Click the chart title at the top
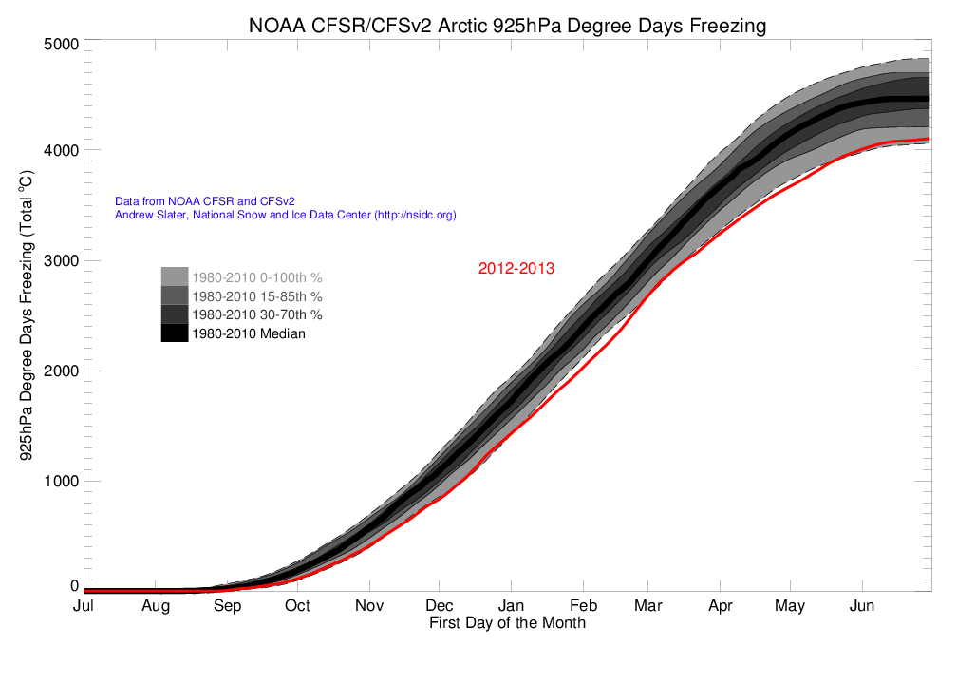pyautogui.click(x=506, y=26)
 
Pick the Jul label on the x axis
pyautogui.click(x=84, y=606)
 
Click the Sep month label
pyautogui.click(x=227, y=606)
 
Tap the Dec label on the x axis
pyautogui.click(x=439, y=606)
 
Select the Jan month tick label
pyautogui.click(x=511, y=606)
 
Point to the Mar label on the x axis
pyautogui.click(x=647, y=606)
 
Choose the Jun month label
pyautogui.click(x=861, y=606)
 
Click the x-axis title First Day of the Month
pyautogui.click(x=507, y=623)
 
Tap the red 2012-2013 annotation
pyautogui.click(x=516, y=269)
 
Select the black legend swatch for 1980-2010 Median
pyautogui.click(x=175, y=333)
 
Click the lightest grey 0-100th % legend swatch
pyautogui.click(x=175, y=276)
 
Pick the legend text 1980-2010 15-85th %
pyautogui.click(x=256, y=296)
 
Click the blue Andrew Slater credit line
pyautogui.click(x=285, y=216)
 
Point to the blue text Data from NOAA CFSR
pyautogui.click(x=204, y=201)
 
